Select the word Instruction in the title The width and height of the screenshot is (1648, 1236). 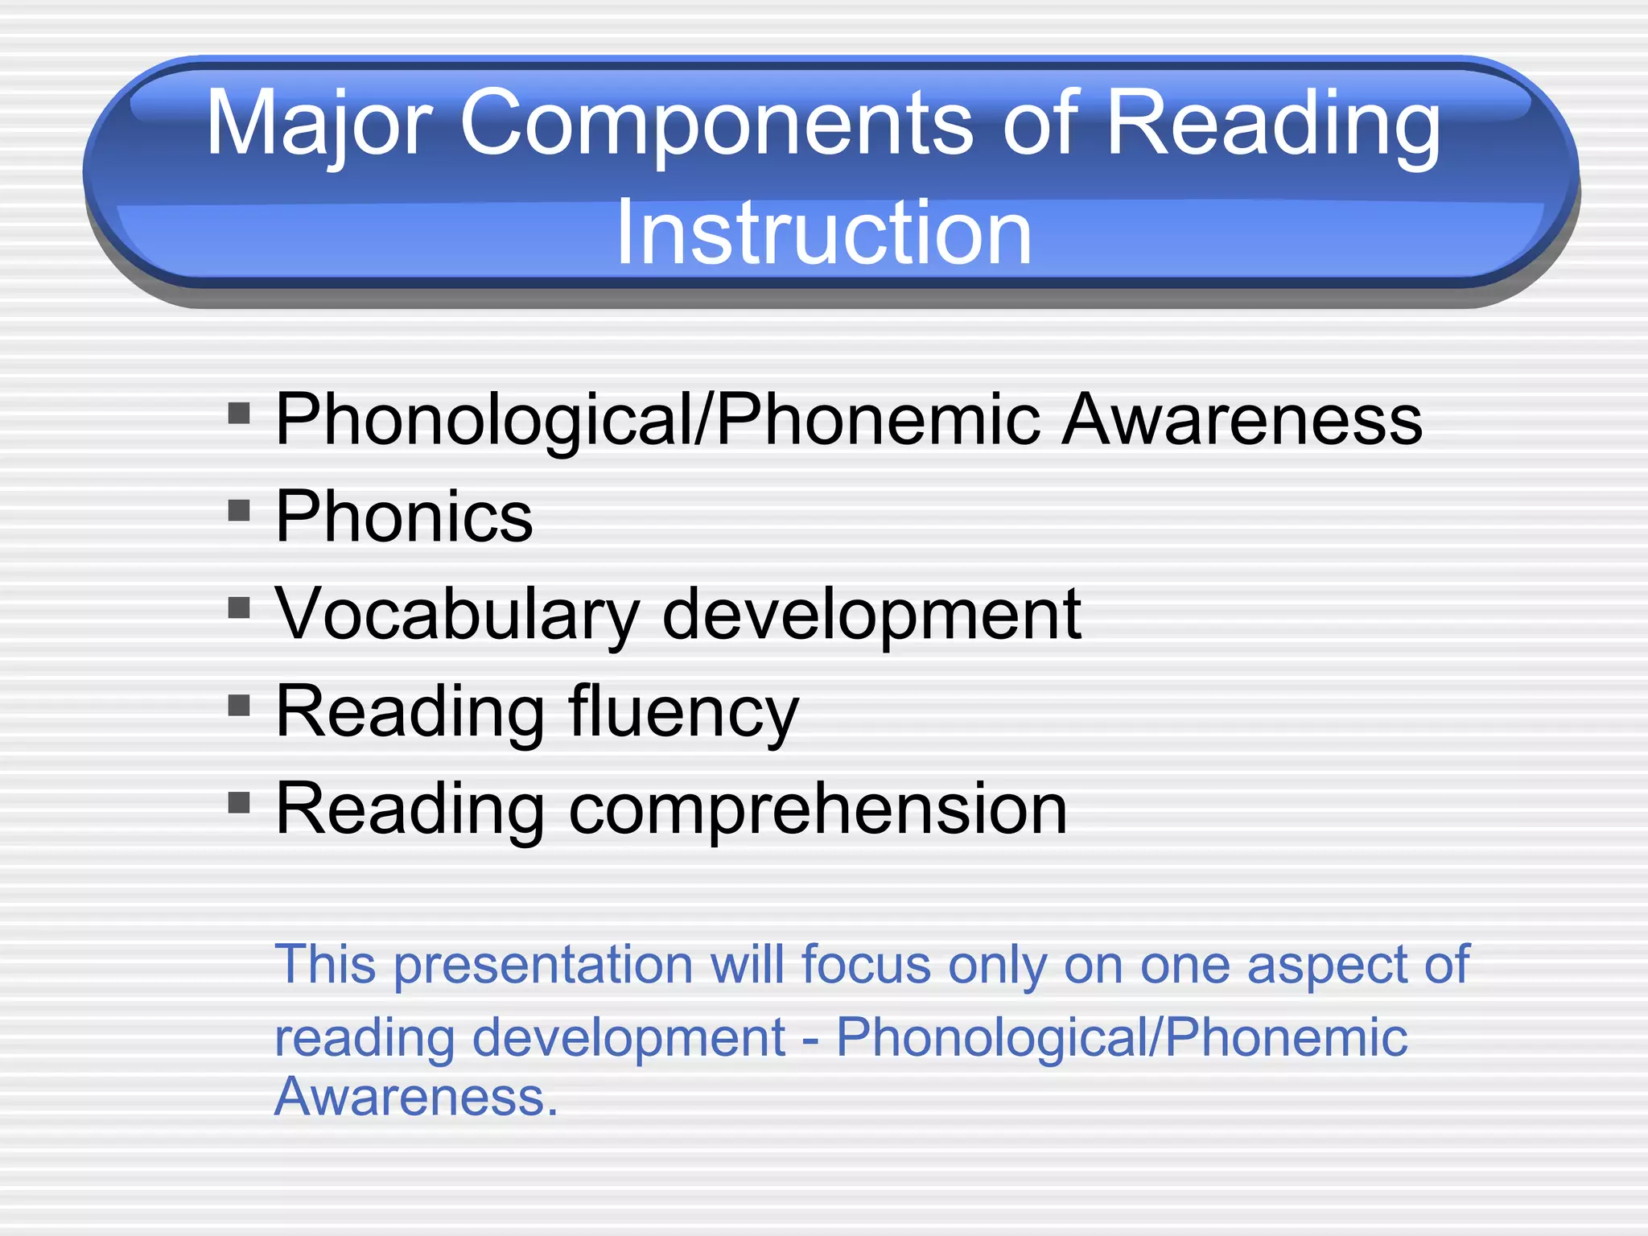tap(823, 233)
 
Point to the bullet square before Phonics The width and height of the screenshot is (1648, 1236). tap(239, 510)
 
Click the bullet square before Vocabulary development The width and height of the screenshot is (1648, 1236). tap(239, 608)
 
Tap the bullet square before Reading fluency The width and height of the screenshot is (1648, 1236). tap(239, 706)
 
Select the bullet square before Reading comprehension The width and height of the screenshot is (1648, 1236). tap(239, 802)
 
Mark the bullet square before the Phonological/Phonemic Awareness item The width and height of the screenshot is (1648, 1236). tap(239, 414)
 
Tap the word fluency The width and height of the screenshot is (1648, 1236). tap(683, 712)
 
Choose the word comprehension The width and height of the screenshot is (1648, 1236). tap(818, 810)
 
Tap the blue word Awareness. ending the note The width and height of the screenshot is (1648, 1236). tap(415, 1096)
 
